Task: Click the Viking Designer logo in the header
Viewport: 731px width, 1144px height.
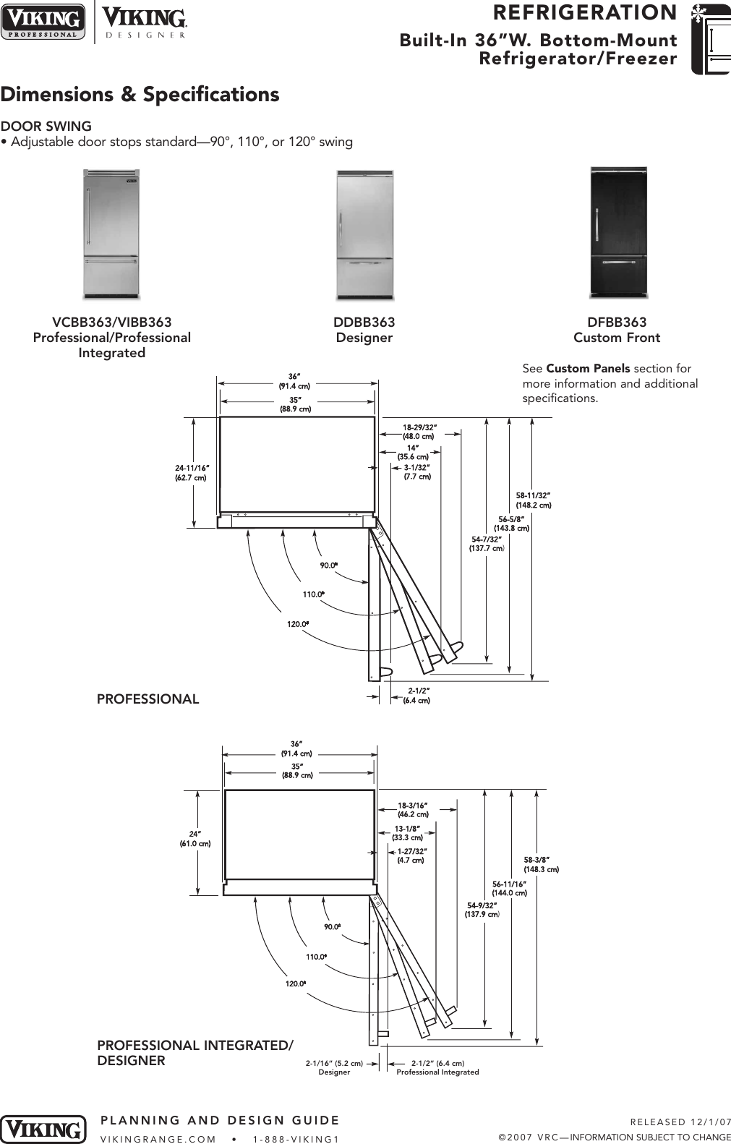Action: coord(145,22)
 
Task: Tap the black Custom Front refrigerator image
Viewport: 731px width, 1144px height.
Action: coord(618,233)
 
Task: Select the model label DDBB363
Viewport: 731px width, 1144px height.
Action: coord(364,323)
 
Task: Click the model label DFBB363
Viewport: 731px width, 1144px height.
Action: coord(617,323)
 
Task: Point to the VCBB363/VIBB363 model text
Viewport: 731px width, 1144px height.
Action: coord(112,323)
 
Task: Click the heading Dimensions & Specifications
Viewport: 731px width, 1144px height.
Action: coord(140,95)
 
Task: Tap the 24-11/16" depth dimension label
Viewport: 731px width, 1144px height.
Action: coord(191,472)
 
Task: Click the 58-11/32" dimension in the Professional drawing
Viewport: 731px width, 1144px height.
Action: coord(534,500)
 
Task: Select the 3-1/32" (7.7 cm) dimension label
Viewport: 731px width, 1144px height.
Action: coord(417,472)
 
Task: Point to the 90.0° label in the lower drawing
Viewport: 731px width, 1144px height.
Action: coord(332,927)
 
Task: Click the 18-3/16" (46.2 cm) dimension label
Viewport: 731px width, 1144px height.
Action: coord(413,809)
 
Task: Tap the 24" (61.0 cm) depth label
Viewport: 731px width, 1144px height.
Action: coord(195,838)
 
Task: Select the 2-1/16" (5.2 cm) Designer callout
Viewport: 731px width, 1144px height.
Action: coord(335,1067)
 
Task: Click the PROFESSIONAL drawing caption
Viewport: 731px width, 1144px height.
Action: coord(148,699)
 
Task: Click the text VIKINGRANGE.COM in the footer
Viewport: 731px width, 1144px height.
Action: coord(158,1138)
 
